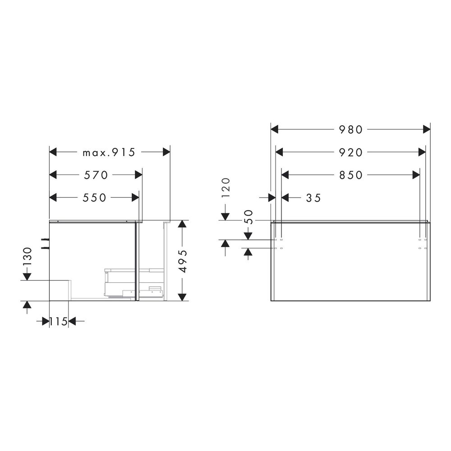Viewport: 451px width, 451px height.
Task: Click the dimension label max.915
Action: point(109,152)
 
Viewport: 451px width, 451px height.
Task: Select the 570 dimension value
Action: point(96,175)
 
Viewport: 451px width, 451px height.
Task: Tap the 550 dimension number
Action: point(95,198)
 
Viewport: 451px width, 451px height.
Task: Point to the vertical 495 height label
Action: point(182,261)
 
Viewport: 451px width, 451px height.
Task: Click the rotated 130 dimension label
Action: point(28,257)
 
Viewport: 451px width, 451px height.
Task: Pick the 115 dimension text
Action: point(59,321)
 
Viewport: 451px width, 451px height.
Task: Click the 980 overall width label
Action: point(351,130)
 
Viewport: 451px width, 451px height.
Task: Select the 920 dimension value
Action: point(351,152)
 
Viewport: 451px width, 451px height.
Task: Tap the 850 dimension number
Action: point(351,175)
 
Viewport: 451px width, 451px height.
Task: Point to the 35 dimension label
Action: point(313,198)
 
